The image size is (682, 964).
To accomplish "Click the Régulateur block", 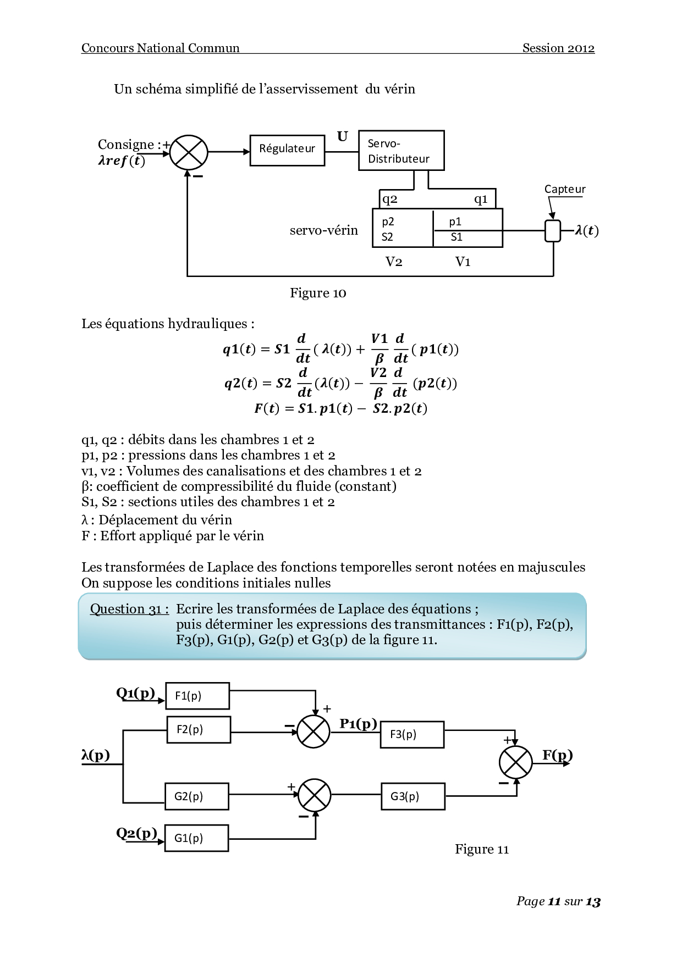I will (x=287, y=150).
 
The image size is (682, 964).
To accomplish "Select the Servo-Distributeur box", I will (x=401, y=151).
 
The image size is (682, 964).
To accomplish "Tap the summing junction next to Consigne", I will (x=189, y=152).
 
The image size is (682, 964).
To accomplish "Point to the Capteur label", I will (x=565, y=189).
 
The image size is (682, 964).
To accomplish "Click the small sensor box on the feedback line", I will (x=553, y=231).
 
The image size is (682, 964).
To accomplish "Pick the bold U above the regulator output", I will (x=342, y=136).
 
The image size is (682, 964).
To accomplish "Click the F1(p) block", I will (x=197, y=696).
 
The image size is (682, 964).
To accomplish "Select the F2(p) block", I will (x=199, y=729).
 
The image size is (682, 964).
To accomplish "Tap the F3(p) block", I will (x=412, y=734).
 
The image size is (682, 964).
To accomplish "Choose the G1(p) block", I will (x=196, y=838).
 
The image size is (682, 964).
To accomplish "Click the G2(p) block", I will (x=196, y=796).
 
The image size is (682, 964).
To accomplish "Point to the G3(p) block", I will (x=413, y=796).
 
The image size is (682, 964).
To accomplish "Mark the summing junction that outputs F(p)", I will (x=515, y=763).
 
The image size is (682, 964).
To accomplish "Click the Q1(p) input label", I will (x=135, y=692).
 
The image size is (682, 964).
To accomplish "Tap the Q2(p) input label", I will (x=136, y=833).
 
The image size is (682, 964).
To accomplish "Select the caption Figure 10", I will (x=318, y=293).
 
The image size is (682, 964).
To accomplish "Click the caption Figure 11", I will (x=482, y=849).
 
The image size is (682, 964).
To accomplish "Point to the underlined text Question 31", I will (x=129, y=609).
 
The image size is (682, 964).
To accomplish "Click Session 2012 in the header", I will (x=558, y=48).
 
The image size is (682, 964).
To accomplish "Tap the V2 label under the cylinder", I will (x=394, y=262).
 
